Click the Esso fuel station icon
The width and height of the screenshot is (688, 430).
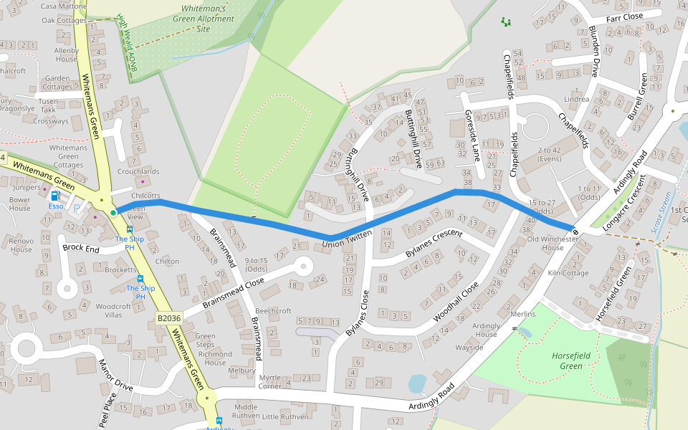55,196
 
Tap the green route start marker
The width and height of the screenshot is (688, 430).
113,212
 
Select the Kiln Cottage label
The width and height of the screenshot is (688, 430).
568,273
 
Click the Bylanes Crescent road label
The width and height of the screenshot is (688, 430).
434,244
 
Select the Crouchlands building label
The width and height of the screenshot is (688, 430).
138,172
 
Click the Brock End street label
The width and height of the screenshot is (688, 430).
81,247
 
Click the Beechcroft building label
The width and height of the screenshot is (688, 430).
273,311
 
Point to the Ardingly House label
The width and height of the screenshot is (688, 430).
485,330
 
